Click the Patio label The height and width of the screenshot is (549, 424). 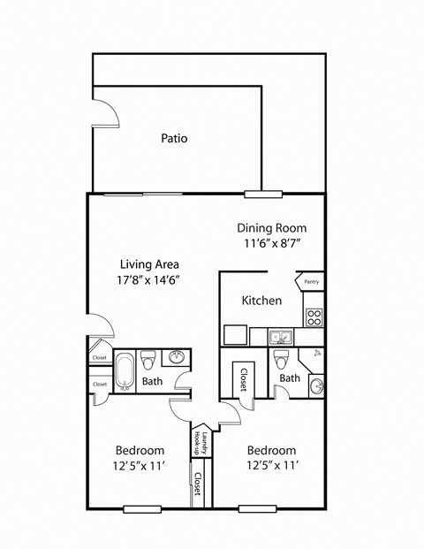tap(174, 139)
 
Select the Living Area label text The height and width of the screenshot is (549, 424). tap(150, 263)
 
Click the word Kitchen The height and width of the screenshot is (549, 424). tap(262, 301)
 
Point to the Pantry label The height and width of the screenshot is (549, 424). tap(311, 282)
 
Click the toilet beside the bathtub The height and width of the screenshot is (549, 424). tap(148, 360)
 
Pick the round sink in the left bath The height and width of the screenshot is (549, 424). tap(177, 358)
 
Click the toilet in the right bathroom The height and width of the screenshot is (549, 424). tap(281, 359)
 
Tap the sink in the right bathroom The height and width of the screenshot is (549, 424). tap(315, 385)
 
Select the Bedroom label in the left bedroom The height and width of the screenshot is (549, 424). tap(140, 450)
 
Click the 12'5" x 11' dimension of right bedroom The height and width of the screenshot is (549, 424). tap(272, 465)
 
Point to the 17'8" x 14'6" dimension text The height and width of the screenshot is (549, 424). tap(150, 279)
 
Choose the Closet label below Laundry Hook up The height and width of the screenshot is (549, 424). tap(198, 488)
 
